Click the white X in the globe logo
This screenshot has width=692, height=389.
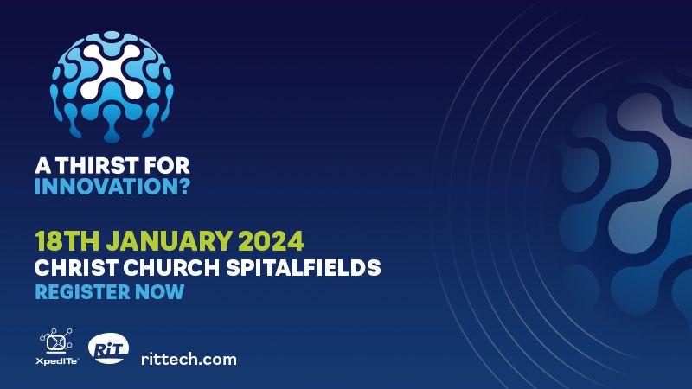coord(112,72)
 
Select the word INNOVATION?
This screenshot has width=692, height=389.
coord(112,186)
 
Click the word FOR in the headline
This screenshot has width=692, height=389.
coord(167,166)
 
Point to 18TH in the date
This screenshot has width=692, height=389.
coord(67,241)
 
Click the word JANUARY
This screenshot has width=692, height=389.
coord(169,241)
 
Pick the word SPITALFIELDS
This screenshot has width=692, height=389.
coord(304,267)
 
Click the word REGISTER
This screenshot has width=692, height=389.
coord(82,292)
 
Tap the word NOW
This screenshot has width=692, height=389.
coord(159,292)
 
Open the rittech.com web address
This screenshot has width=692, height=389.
coord(189,359)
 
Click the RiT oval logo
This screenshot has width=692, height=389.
coord(109,348)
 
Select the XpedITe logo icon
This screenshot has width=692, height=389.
coord(56,341)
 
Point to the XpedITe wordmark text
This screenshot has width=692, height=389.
coord(57,361)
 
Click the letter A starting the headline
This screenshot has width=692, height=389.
coord(42,166)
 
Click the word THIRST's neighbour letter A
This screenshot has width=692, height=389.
coord(42,166)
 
